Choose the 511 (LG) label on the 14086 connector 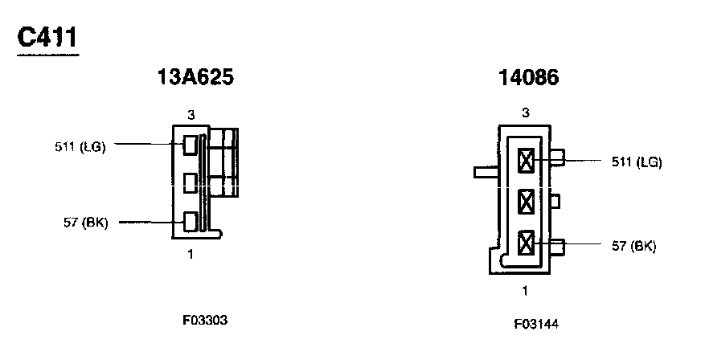[x=636, y=162]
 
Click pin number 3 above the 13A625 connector [x=191, y=115]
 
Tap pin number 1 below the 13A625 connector [x=191, y=255]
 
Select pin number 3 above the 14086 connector [x=525, y=112]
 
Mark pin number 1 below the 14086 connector [x=525, y=290]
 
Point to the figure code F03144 [x=536, y=325]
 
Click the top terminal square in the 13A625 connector [x=191, y=145]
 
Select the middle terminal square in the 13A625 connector [x=191, y=183]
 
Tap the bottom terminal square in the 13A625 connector [x=191, y=221]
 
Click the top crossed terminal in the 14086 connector [x=527, y=162]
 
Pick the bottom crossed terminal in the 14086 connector [x=527, y=242]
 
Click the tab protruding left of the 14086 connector [x=486, y=171]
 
